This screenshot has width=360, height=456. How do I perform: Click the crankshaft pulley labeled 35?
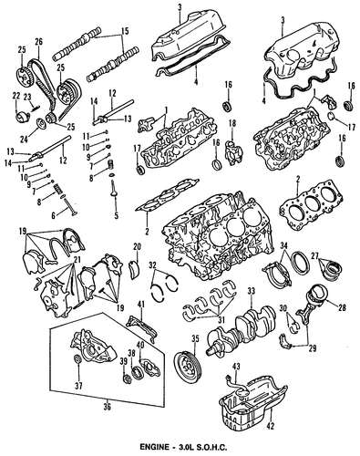(186, 366)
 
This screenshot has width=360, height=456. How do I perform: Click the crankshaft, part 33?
(242, 330)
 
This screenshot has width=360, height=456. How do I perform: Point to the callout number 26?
(38, 41)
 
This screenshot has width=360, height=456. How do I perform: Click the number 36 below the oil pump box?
(108, 406)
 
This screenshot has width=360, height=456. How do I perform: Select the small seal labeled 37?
(78, 358)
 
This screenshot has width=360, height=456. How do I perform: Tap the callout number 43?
(235, 367)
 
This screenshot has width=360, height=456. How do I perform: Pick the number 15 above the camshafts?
(125, 31)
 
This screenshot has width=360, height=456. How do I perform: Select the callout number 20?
(138, 247)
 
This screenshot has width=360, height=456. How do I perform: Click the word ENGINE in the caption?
(154, 447)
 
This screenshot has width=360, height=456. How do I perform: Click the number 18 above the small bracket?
(232, 123)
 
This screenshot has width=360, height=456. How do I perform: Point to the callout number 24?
(24, 140)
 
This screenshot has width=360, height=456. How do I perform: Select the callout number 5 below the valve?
(116, 216)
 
